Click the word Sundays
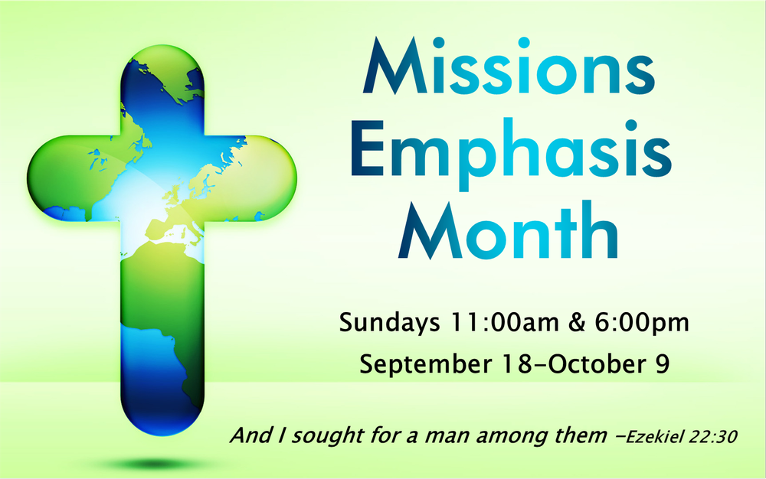[388, 322]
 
